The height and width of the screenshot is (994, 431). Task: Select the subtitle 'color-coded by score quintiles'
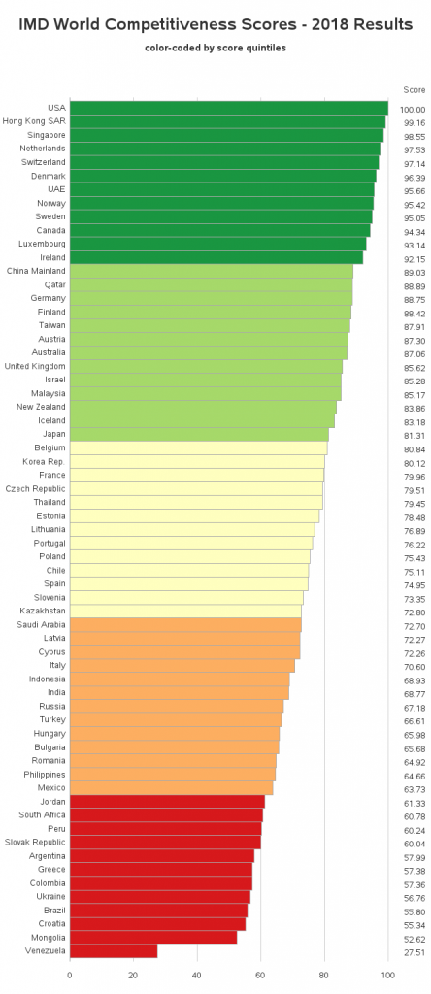[x=215, y=47]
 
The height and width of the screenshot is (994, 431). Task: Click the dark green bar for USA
[x=228, y=108]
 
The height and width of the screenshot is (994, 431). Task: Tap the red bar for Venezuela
[x=113, y=951]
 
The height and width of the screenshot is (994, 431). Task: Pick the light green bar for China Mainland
[x=211, y=271]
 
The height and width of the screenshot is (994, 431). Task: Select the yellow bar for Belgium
[x=198, y=447]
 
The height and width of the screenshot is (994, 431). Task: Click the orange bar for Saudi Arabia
[x=185, y=624]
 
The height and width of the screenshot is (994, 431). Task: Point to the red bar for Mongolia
[x=152, y=938]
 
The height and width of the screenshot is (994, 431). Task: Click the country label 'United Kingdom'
[x=35, y=367]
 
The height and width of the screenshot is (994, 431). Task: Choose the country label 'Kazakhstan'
[x=43, y=612]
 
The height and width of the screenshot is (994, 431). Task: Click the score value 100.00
[x=412, y=110]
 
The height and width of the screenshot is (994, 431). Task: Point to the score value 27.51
[x=414, y=953]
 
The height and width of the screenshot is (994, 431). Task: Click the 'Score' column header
[x=414, y=89]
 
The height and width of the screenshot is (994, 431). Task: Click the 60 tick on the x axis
[x=260, y=975]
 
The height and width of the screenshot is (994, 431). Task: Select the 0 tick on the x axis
[x=70, y=975]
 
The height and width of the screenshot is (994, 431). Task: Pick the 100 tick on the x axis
[x=387, y=975]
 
